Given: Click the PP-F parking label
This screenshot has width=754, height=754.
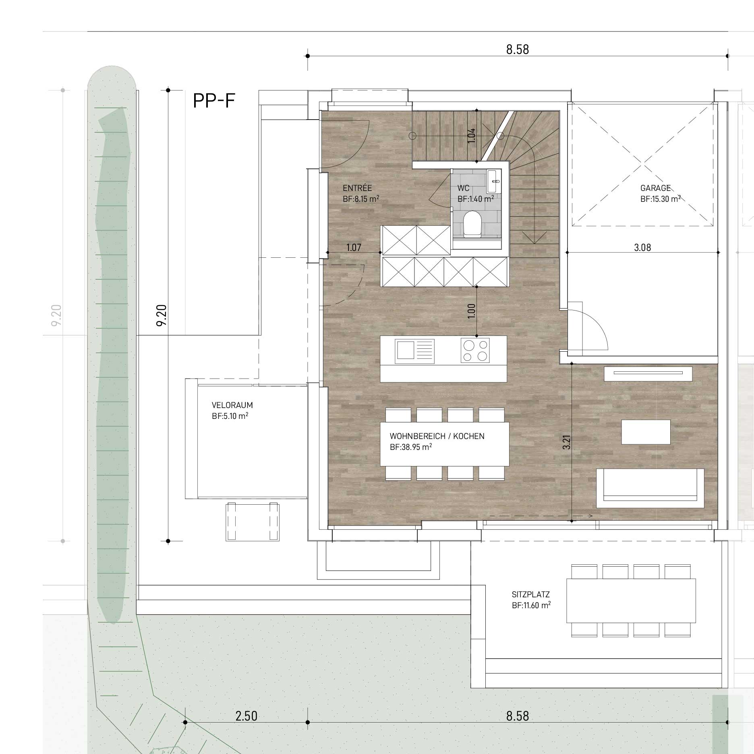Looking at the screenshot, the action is (214, 100).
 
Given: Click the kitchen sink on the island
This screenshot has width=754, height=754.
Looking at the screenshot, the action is (415, 349).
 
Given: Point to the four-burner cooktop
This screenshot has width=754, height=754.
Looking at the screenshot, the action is (475, 350).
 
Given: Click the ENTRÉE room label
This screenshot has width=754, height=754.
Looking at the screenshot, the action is (357, 188).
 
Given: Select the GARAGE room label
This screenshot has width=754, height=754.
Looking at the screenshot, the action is (655, 188).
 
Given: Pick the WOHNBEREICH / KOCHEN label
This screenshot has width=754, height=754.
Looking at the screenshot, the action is (437, 436).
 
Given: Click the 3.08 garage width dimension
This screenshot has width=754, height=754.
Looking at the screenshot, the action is (642, 247).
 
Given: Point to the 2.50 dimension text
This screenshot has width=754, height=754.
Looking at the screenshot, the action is (246, 716).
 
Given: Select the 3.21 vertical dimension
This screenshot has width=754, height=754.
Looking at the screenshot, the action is (567, 442).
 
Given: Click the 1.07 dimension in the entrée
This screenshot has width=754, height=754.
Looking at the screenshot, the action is (354, 248).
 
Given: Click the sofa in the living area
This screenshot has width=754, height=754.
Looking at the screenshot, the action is (650, 488).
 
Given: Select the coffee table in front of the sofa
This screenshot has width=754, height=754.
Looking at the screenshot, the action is (646, 432).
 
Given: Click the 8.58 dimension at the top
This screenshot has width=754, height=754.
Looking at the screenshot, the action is (518, 50).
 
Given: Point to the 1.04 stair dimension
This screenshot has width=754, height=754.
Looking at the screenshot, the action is (472, 135).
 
